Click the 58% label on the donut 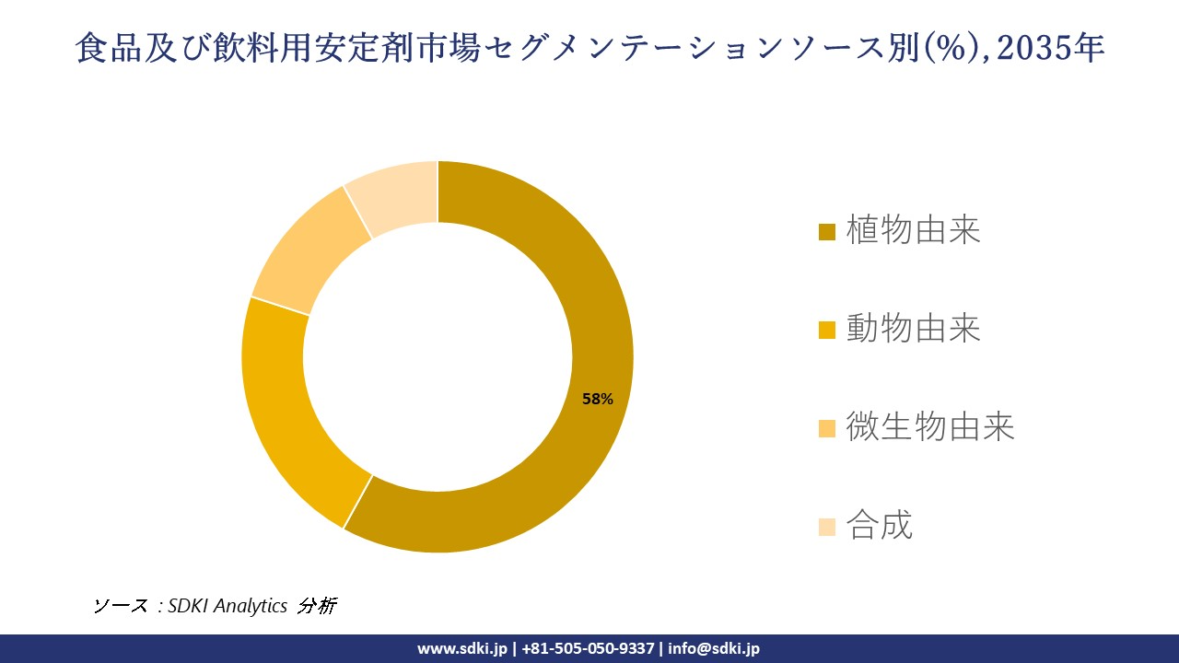coord(598,399)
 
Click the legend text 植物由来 coord(913,230)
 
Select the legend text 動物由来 coord(913,329)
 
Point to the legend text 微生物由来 coord(929,427)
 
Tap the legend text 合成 coord(879,526)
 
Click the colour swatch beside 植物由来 coord(827,231)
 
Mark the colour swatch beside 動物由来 coord(827,330)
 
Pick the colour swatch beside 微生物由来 coord(827,428)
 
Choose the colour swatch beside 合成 coord(827,527)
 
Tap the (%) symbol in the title coord(954,49)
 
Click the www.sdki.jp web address coord(462,648)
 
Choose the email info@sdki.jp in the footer coord(714,648)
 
